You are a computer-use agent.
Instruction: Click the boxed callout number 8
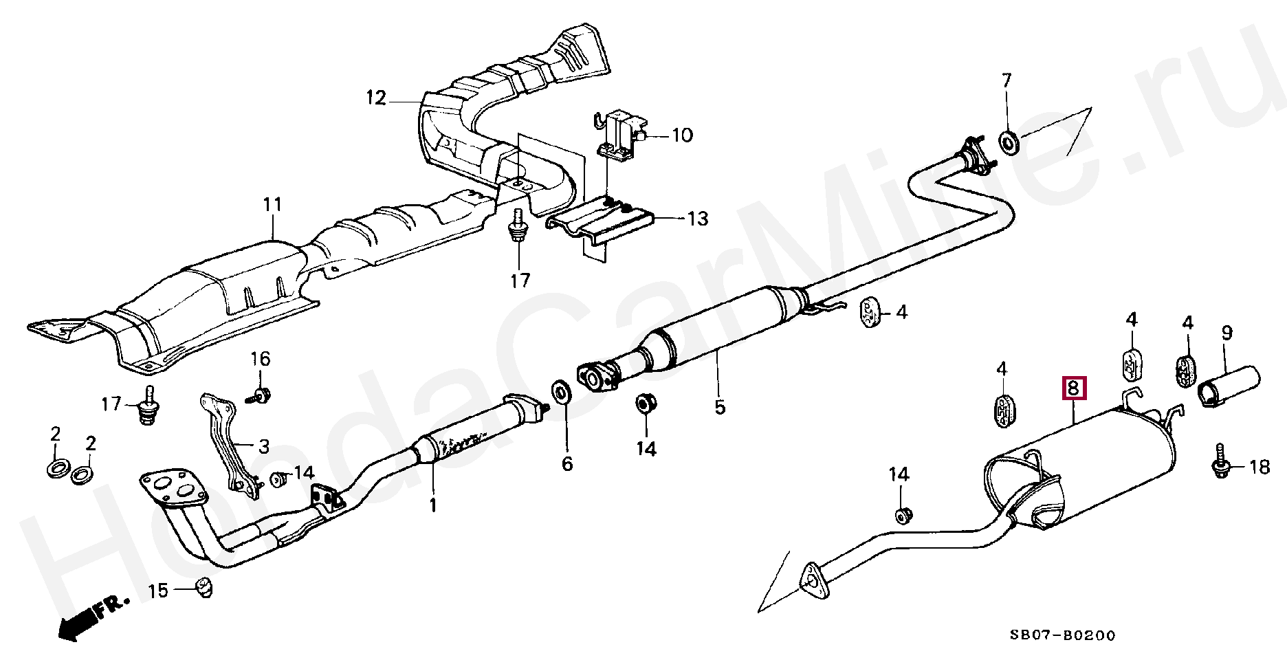click(1074, 388)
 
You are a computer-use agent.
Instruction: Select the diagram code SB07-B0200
click(1062, 635)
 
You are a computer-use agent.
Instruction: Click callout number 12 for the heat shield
click(376, 98)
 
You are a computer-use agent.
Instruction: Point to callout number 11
click(272, 204)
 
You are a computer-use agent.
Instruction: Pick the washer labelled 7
click(1009, 143)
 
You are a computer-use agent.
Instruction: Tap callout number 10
click(682, 135)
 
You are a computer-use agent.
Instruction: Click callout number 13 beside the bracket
click(697, 219)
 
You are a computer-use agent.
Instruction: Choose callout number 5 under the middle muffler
click(719, 407)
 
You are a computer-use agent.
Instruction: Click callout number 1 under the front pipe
click(432, 506)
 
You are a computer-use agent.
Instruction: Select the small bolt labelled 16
click(261, 394)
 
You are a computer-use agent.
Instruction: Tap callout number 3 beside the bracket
click(264, 447)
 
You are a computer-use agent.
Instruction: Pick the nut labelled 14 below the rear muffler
click(903, 514)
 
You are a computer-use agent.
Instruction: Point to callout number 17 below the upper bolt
click(520, 280)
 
